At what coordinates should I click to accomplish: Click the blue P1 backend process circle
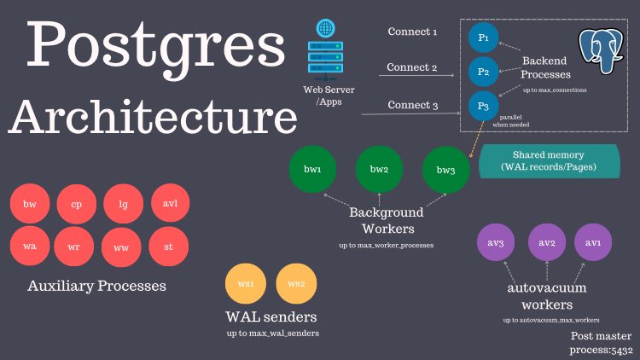[x=483, y=38]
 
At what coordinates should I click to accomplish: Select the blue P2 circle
[x=483, y=72]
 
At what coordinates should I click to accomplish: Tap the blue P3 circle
[x=483, y=107]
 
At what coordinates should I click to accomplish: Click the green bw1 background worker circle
[x=313, y=170]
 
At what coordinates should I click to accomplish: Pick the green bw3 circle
[x=445, y=170]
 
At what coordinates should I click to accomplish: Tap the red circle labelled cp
[x=77, y=206]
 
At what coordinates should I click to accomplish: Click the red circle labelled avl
[x=169, y=205]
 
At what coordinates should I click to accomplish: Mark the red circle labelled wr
[x=77, y=247]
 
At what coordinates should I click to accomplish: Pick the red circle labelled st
[x=169, y=247]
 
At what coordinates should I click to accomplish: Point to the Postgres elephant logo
[x=602, y=52]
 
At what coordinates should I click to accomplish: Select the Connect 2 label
[x=411, y=67]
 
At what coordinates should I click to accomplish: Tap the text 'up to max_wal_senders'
[x=273, y=333]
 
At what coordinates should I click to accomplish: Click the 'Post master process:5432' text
[x=602, y=344]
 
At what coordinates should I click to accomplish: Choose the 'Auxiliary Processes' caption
[x=96, y=286]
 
